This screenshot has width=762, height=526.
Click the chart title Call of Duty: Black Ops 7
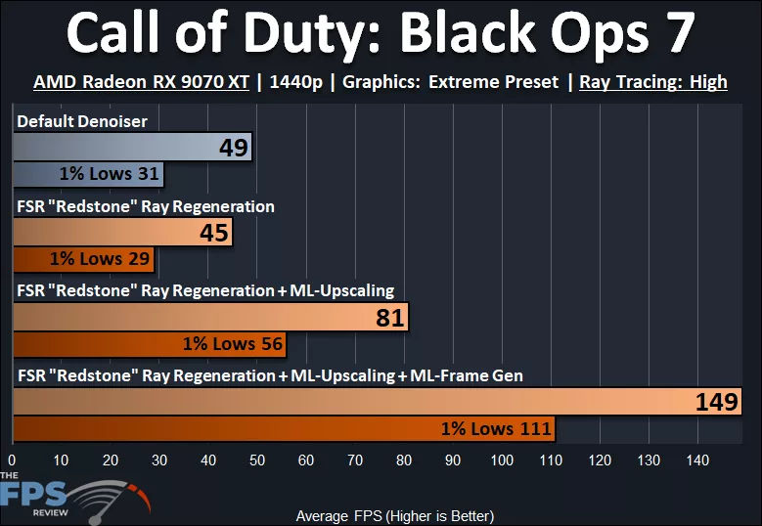381,34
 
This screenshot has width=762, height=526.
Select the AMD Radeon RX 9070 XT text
141,82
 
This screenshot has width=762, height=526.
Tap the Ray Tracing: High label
653,82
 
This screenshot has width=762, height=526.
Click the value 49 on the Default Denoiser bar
234,149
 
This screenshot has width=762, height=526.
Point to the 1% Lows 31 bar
88,175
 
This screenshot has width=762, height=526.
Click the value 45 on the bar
213,233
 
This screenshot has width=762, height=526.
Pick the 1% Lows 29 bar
83,259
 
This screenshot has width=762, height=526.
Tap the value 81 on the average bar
389,318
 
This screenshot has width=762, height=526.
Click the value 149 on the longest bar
716,402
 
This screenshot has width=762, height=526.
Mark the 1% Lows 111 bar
284,428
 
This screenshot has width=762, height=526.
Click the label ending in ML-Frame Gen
269,375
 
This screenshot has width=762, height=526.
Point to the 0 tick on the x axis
12,460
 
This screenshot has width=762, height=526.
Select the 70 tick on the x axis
355,460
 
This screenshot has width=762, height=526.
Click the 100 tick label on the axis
502,460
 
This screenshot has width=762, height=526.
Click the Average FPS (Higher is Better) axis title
394,515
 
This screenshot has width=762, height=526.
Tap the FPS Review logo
68,497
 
